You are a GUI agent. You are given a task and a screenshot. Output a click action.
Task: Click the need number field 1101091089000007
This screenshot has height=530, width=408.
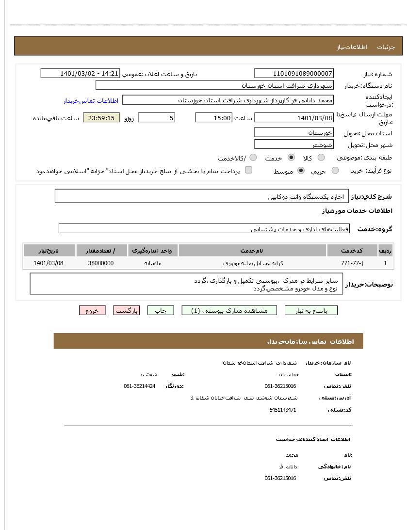294,73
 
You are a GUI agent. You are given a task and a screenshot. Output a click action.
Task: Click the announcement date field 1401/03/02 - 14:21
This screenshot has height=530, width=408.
81,73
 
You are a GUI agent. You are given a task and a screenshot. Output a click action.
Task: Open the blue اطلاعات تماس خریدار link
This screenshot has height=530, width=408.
91,101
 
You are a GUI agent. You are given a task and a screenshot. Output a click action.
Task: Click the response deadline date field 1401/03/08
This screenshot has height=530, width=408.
294,118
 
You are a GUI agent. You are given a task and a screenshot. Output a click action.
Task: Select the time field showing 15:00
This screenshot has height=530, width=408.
213,118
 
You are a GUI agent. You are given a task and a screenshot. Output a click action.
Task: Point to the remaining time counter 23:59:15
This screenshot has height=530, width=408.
101,118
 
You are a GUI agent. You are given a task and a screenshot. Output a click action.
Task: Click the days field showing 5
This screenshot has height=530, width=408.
156,118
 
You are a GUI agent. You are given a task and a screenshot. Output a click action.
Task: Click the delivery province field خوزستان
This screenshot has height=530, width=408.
294,132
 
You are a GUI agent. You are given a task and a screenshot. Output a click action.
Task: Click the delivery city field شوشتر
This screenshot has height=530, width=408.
294,145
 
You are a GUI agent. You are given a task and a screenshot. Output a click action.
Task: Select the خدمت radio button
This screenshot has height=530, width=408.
291,158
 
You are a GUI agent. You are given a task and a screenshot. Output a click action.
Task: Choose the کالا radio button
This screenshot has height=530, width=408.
321,158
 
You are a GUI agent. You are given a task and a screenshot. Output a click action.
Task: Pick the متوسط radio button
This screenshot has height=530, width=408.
301,170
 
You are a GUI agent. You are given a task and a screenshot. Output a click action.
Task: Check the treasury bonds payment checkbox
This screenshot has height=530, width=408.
248,170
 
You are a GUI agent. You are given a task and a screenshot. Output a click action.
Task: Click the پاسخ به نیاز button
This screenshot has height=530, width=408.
311,311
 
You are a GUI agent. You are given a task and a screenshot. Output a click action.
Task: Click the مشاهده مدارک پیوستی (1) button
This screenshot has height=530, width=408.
229,311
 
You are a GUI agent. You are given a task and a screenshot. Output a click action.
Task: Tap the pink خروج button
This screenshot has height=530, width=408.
92,311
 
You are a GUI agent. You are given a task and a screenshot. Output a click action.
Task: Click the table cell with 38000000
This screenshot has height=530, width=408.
101,263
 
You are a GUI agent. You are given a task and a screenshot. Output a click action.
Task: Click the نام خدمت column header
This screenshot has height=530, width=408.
252,251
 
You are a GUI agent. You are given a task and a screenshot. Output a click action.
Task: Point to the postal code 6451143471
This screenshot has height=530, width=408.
282,410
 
